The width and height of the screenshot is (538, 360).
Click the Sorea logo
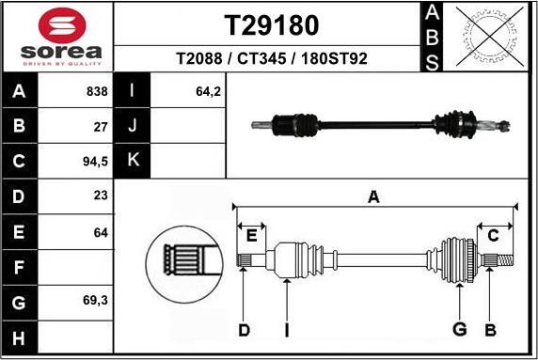(x=59, y=36)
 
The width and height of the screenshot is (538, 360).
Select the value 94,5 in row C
(x=95, y=161)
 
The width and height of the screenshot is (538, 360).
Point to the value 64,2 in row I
(x=207, y=91)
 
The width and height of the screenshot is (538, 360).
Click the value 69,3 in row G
(x=95, y=302)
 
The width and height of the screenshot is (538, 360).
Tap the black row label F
(x=20, y=267)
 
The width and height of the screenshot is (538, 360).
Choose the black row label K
(x=133, y=161)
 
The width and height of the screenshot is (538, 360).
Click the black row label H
(x=20, y=337)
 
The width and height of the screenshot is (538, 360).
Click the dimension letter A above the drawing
(x=373, y=196)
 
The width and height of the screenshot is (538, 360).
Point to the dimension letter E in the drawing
(x=250, y=234)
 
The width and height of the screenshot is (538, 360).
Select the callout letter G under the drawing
(x=459, y=329)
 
